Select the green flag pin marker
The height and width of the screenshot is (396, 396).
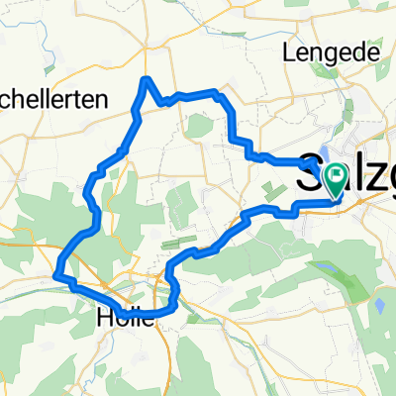pyautogui.click(x=335, y=178)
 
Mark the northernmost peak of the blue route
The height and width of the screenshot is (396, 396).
pyautogui.click(x=147, y=78)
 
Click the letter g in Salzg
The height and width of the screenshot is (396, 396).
pyautogui.click(x=386, y=170)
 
